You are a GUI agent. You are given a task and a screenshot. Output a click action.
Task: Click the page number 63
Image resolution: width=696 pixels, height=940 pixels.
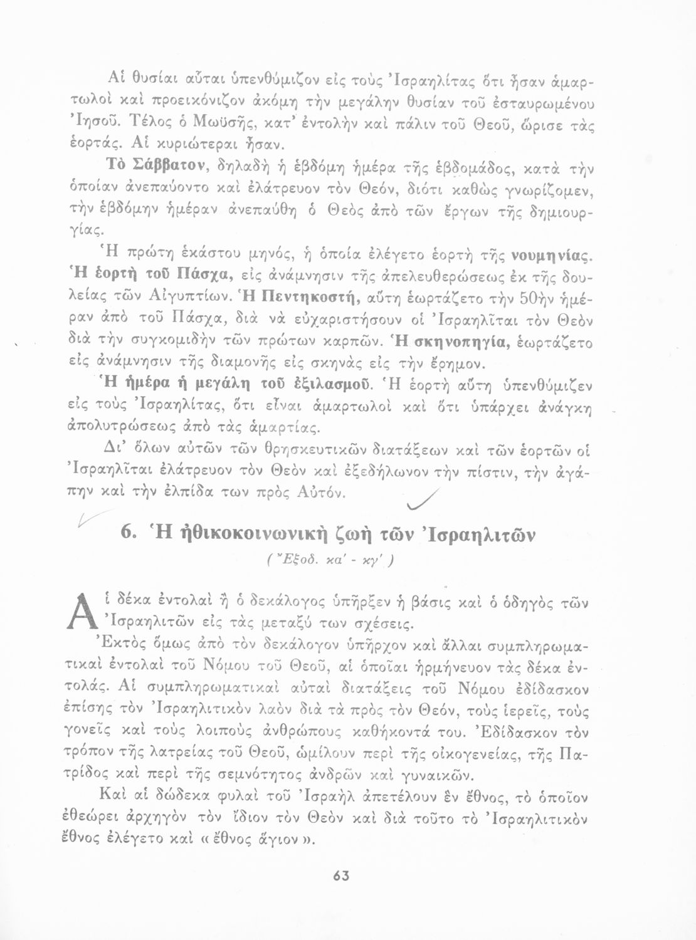coord(341,877)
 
